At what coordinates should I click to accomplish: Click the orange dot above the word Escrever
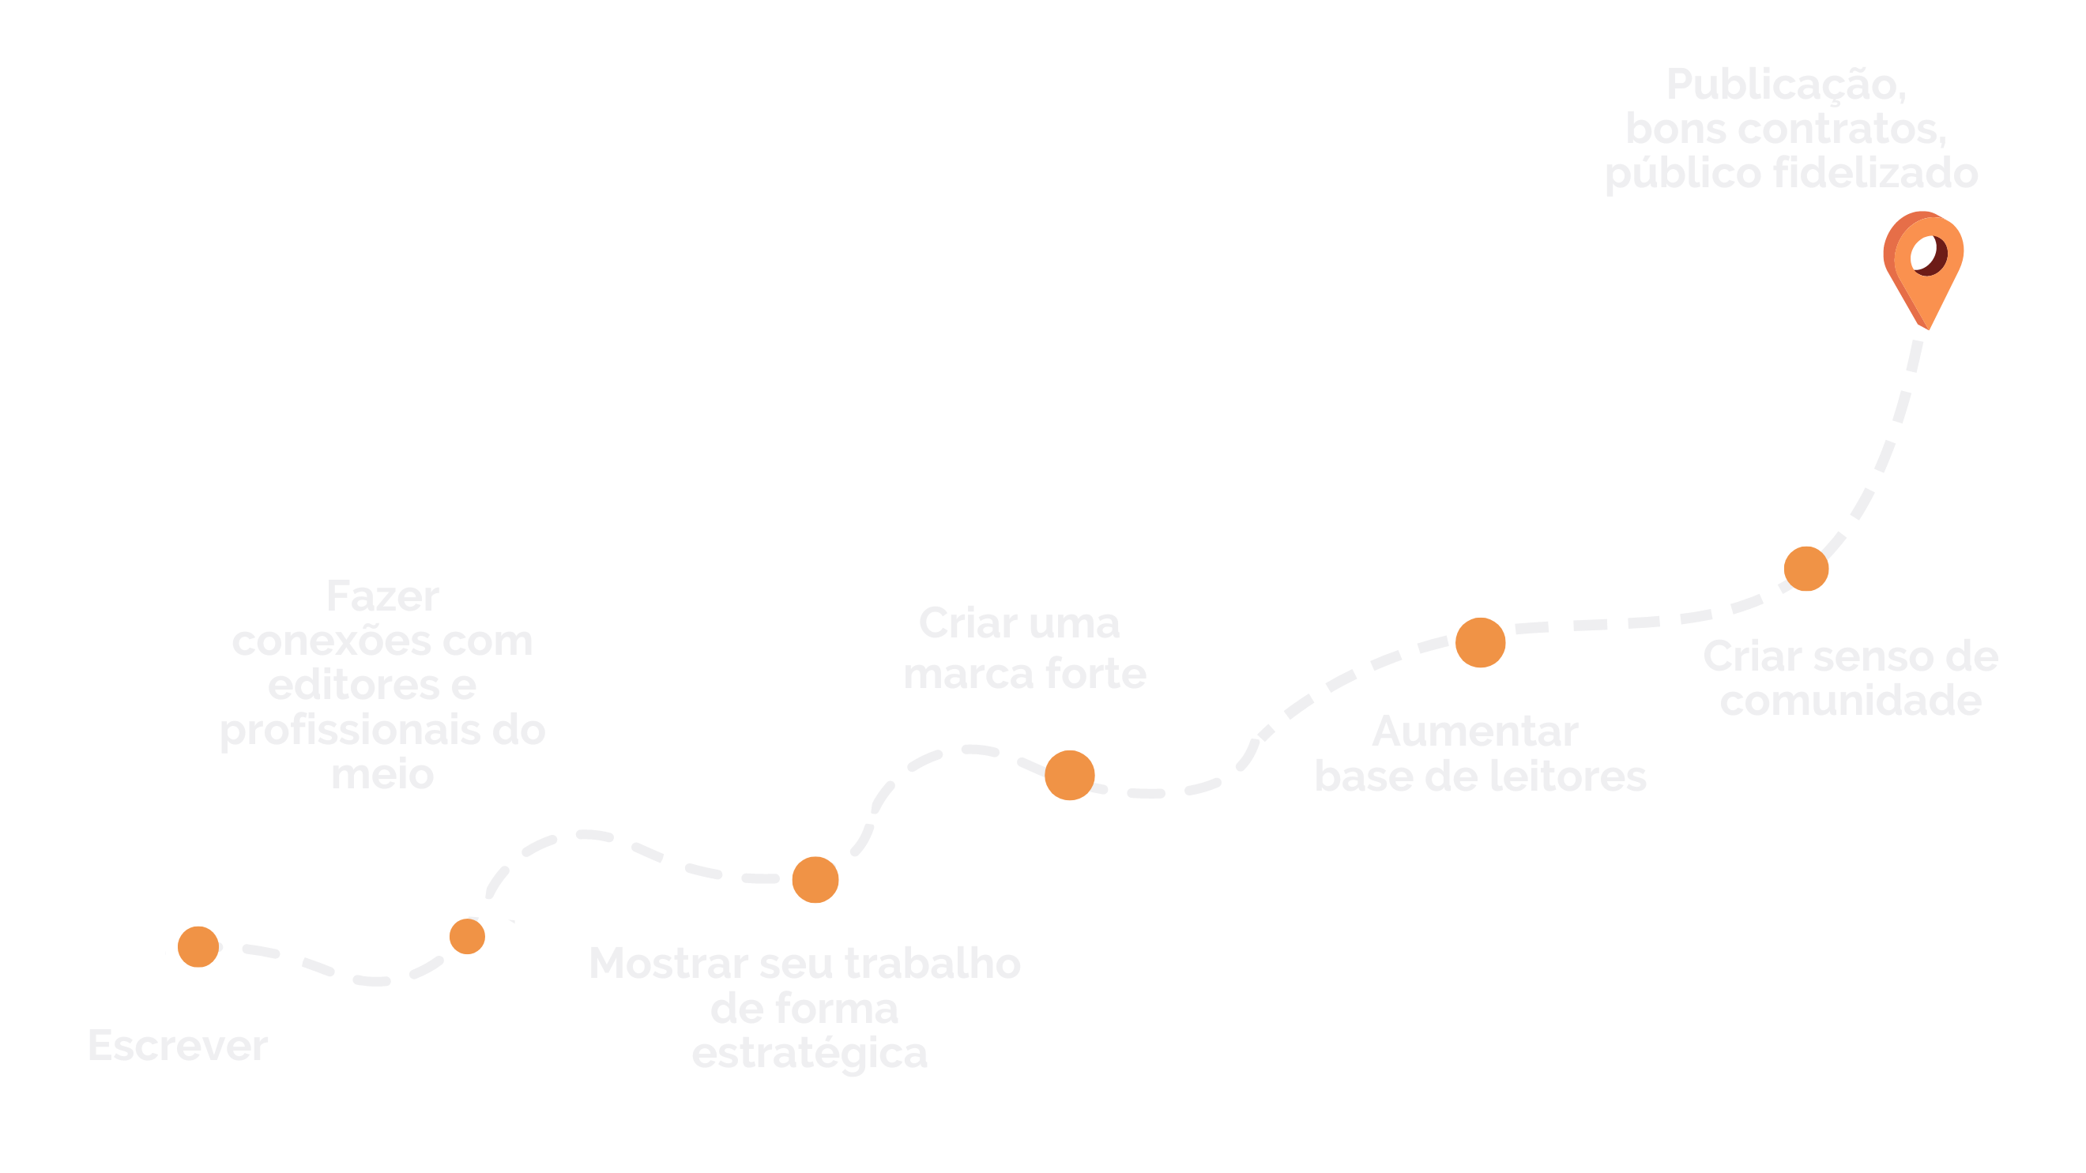(198, 946)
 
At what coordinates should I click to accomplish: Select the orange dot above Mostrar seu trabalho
(815, 879)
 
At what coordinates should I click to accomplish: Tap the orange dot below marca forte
(1069, 775)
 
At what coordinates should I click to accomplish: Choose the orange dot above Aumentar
(1480, 642)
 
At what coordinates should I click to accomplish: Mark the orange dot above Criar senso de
(1805, 568)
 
